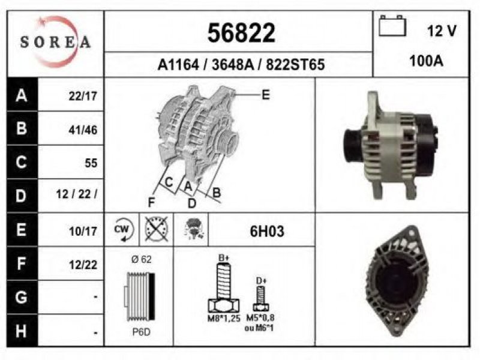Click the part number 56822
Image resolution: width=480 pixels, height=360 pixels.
click(241, 33)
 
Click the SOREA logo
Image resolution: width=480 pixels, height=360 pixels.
click(55, 41)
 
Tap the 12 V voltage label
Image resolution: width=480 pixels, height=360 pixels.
click(442, 31)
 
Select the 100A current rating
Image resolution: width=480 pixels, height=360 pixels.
click(426, 61)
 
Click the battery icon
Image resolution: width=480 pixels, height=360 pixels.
click(392, 26)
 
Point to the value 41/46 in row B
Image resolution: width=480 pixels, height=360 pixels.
click(83, 130)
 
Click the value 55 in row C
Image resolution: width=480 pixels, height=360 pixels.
click(91, 163)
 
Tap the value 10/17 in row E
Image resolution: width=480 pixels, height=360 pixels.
click(83, 231)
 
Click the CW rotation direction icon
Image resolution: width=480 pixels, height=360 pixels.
click(122, 230)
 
